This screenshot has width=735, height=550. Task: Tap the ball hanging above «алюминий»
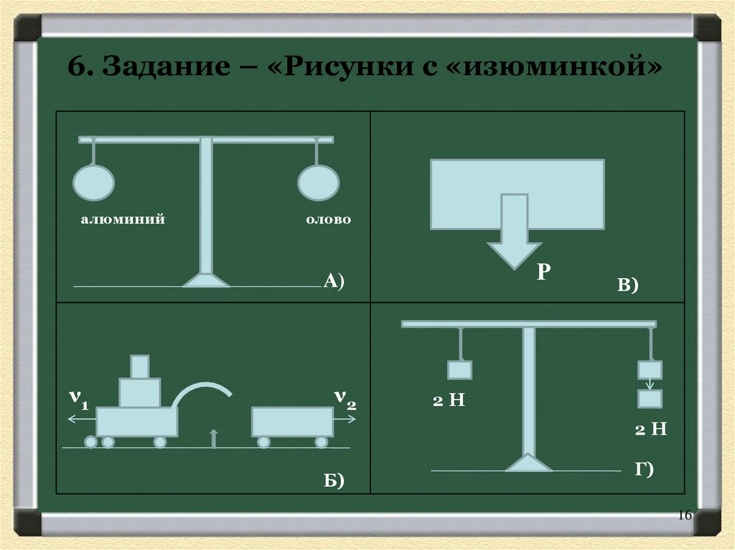coord(93,182)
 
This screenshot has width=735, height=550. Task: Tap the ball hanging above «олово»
coord(317,182)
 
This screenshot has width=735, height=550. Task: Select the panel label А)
coord(334,280)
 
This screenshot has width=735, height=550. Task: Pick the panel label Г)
coord(643,469)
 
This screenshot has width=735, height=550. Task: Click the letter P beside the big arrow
coord(543,272)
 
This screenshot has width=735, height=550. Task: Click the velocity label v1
coord(78,399)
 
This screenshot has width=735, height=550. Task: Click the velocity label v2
coord(345,399)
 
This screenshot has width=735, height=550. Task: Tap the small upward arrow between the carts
coord(212,437)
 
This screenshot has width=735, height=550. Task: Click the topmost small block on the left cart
coord(139,366)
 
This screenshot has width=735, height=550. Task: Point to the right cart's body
coord(292,422)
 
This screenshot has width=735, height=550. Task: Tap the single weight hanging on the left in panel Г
coord(459,370)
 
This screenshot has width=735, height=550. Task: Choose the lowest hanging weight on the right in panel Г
coord(650,398)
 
